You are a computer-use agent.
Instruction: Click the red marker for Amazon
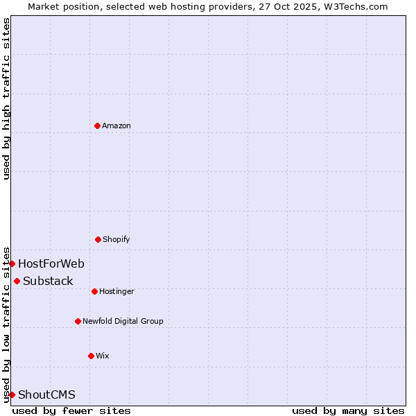pyautogui.click(x=97, y=125)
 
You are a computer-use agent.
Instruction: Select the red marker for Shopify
pyautogui.click(x=98, y=239)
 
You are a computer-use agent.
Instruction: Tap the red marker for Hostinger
pyautogui.click(x=94, y=291)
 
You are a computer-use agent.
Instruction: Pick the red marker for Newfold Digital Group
pyautogui.click(x=78, y=321)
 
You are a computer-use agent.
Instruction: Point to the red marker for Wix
pyautogui.click(x=91, y=356)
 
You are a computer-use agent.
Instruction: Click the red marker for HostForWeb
pyautogui.click(x=12, y=263)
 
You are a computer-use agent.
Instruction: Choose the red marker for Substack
pyautogui.click(x=17, y=281)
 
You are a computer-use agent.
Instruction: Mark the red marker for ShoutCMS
pyautogui.click(x=12, y=395)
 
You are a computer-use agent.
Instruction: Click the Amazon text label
pyautogui.click(x=116, y=125)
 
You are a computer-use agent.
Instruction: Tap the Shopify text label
pyautogui.click(x=116, y=239)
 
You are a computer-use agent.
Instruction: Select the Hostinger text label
pyautogui.click(x=116, y=291)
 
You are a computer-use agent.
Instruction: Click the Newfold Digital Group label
pyautogui.click(x=123, y=321)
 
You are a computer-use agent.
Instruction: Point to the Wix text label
pyautogui.click(x=103, y=356)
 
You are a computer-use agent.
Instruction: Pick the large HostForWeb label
pyautogui.click(x=51, y=263)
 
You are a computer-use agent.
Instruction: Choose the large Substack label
pyautogui.click(x=48, y=281)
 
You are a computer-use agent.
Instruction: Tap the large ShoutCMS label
pyautogui.click(x=46, y=395)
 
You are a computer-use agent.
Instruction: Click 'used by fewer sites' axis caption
pyautogui.click(x=71, y=410)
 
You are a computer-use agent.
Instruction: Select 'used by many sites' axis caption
pyautogui.click(x=348, y=410)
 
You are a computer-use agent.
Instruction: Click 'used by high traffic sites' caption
pyautogui.click(x=6, y=98)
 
